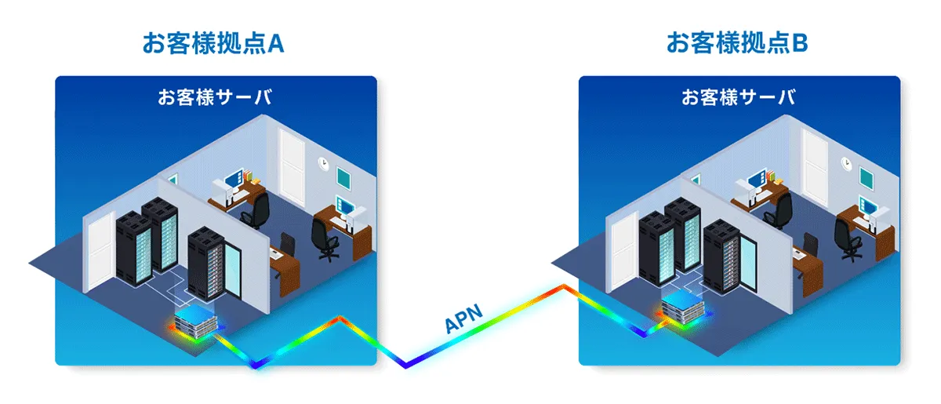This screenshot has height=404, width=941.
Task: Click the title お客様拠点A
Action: [x=213, y=43]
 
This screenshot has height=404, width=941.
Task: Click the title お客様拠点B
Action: [x=737, y=43]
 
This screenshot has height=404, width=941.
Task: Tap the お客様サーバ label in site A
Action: [x=215, y=97]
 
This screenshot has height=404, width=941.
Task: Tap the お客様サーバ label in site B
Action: [x=739, y=97]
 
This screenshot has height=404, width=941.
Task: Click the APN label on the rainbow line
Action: [x=463, y=318]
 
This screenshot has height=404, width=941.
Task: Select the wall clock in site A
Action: [x=322, y=163]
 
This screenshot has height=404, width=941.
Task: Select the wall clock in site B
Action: [x=846, y=163]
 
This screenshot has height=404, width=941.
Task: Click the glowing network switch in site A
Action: [x=196, y=322]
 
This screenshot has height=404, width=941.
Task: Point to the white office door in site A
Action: [x=292, y=167]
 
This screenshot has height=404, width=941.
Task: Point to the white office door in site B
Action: [x=816, y=167]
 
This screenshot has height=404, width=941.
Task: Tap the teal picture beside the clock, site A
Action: [x=343, y=177]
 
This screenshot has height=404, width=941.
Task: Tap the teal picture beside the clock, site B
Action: [x=867, y=177]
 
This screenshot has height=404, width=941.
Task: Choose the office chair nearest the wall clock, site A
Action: [x=326, y=239]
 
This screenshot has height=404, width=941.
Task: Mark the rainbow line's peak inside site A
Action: [x=340, y=318]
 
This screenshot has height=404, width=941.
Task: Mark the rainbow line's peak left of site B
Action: [x=564, y=287]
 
